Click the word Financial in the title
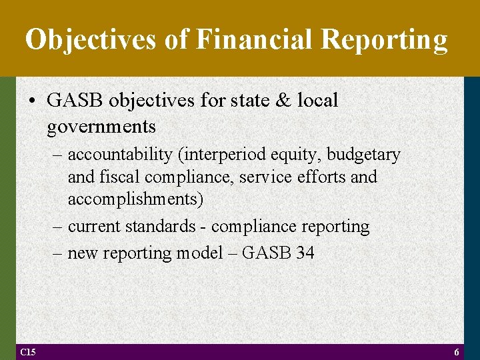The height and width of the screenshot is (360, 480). click(x=251, y=39)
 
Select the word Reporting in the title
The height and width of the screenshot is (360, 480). click(x=385, y=39)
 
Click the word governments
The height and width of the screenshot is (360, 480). click(x=101, y=126)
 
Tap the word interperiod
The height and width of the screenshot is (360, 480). click(x=219, y=155)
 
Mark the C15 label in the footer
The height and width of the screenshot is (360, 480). click(x=28, y=352)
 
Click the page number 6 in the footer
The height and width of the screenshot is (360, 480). click(x=457, y=352)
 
